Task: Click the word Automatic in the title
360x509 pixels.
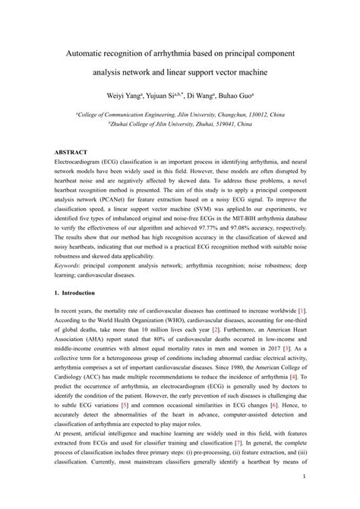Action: (x=90, y=57)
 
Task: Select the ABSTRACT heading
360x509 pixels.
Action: (x=71, y=152)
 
